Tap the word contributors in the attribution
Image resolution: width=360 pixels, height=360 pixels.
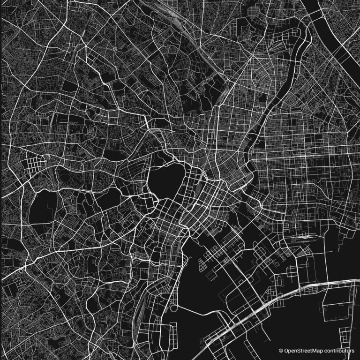(338, 350)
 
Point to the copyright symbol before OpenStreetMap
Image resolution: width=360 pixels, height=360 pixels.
(281, 350)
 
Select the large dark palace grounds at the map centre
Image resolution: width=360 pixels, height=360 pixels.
(165, 180)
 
